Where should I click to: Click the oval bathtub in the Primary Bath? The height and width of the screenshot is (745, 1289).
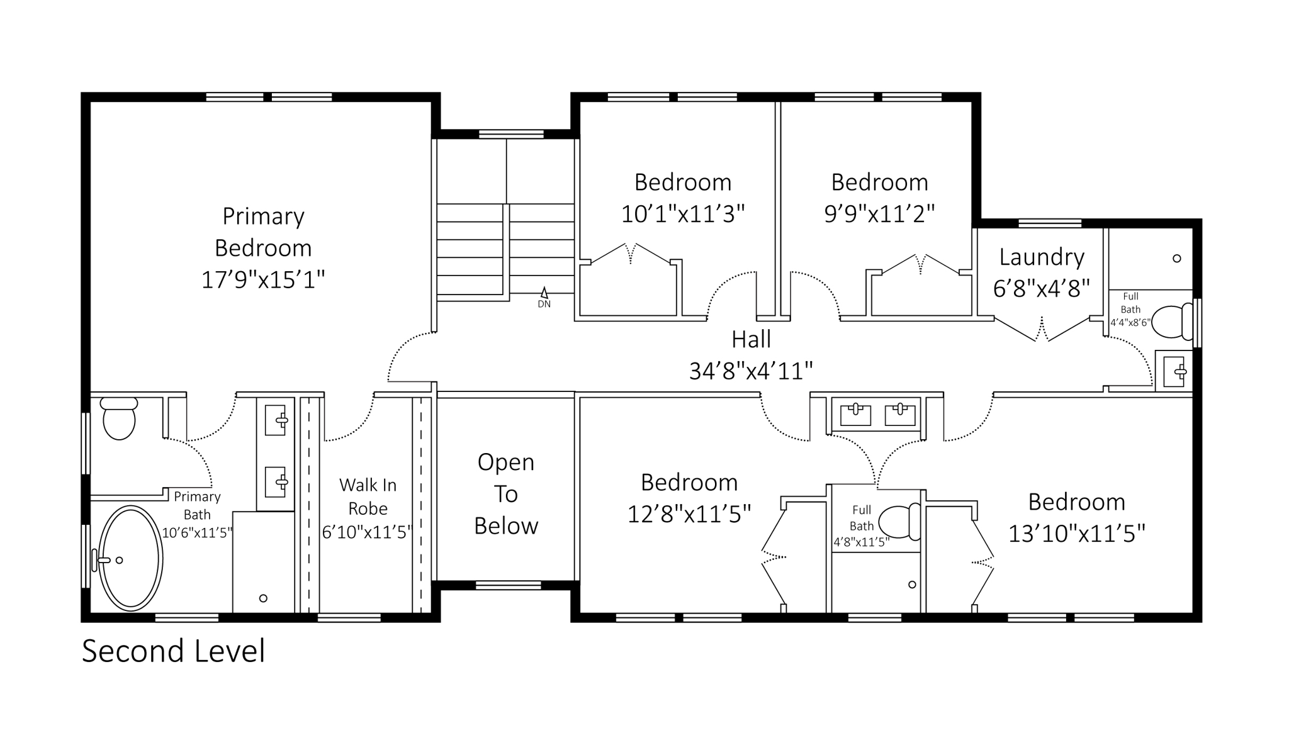tap(130, 558)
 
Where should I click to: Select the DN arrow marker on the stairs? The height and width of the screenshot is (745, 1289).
tap(544, 293)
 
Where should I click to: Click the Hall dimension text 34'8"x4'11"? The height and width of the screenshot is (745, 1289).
tap(751, 371)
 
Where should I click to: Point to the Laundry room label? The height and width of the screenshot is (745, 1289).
tap(1042, 257)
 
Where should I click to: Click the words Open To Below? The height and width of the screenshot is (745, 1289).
tap(506, 494)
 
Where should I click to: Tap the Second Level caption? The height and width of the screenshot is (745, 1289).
tap(173, 651)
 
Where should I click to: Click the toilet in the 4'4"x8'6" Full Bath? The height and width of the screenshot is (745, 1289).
tap(1171, 322)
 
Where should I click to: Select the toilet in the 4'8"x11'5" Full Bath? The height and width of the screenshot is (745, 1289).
tap(899, 522)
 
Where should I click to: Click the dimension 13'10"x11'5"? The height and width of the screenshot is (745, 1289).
tap(1076, 534)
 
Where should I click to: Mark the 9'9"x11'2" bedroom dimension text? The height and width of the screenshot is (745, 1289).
tap(879, 214)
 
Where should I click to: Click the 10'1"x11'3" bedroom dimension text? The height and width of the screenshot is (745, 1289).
tap(683, 214)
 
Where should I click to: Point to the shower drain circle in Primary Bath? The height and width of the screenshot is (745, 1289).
tap(263, 598)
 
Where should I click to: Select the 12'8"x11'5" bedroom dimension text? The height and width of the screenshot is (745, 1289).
tap(689, 515)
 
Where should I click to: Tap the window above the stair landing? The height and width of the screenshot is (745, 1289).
tap(511, 134)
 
